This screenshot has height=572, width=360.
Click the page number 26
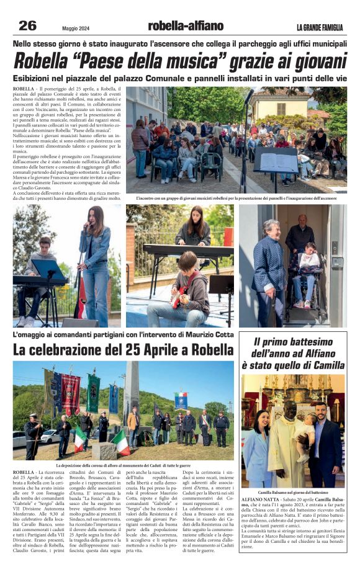[x=27, y=25]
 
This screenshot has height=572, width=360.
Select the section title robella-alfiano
[x=186, y=26]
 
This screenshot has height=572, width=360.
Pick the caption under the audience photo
[x=237, y=199]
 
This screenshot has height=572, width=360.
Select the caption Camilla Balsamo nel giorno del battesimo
[x=292, y=491]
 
